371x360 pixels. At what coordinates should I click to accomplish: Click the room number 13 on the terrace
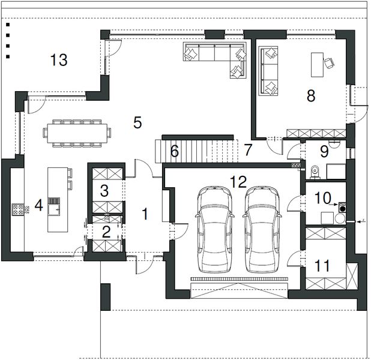click(x=59, y=60)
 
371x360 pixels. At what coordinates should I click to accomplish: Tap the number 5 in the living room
click(x=137, y=122)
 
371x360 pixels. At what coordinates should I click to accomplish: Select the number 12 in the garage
click(x=238, y=182)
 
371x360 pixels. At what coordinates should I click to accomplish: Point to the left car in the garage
click(x=214, y=229)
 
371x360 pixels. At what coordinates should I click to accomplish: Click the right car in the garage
click(x=262, y=229)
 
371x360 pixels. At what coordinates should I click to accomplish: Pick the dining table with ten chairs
click(x=77, y=133)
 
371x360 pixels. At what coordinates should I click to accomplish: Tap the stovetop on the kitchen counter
click(x=18, y=209)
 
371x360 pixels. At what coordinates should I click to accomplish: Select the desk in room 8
click(x=317, y=65)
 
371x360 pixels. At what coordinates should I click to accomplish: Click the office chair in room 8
click(x=329, y=63)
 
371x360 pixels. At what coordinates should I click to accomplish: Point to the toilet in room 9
click(x=315, y=172)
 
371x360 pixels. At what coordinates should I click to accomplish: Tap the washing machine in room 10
click(x=342, y=207)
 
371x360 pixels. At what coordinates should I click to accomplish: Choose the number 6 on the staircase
click(x=175, y=151)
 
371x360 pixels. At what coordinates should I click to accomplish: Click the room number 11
click(x=322, y=265)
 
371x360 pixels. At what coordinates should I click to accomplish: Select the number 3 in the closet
click(x=104, y=191)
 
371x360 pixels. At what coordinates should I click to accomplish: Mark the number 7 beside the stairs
click(x=247, y=150)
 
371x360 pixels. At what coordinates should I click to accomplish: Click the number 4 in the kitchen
click(x=39, y=205)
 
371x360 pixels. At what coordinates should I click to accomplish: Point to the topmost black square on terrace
click(x=8, y=25)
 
